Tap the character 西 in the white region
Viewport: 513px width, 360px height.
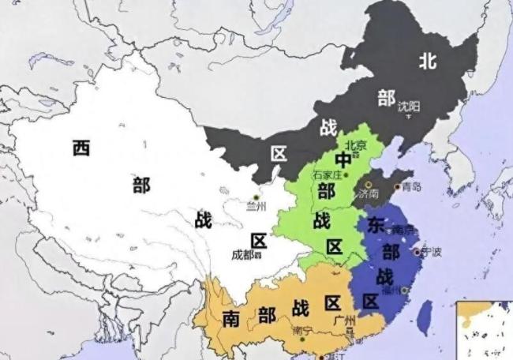[81, 148]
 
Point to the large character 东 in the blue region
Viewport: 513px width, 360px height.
[376, 225]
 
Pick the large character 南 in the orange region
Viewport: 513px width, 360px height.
[231, 317]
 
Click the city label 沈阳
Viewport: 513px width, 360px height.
[409, 105]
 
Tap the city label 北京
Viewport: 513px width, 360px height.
[356, 144]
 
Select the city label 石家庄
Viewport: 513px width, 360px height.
[328, 174]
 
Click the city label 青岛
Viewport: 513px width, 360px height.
[411, 187]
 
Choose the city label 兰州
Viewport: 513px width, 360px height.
[256, 208]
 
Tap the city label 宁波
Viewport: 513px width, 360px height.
[431, 253]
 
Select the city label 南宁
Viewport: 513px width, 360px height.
[302, 330]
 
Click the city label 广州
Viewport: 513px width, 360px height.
[345, 321]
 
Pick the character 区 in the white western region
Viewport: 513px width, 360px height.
[259, 240]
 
